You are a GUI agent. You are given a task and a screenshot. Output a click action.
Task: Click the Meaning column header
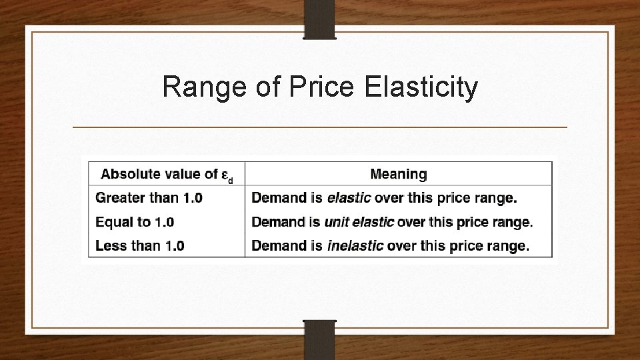(x=399, y=174)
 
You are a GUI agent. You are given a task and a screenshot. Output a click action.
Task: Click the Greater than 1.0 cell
(x=149, y=198)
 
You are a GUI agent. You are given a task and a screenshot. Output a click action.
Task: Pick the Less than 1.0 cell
(x=140, y=245)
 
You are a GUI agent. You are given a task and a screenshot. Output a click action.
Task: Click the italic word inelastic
(x=355, y=245)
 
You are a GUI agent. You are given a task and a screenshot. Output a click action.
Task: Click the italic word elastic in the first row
(x=349, y=198)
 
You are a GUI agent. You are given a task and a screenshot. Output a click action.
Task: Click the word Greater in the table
(x=118, y=198)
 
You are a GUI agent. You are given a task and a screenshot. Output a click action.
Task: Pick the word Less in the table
(x=108, y=245)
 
